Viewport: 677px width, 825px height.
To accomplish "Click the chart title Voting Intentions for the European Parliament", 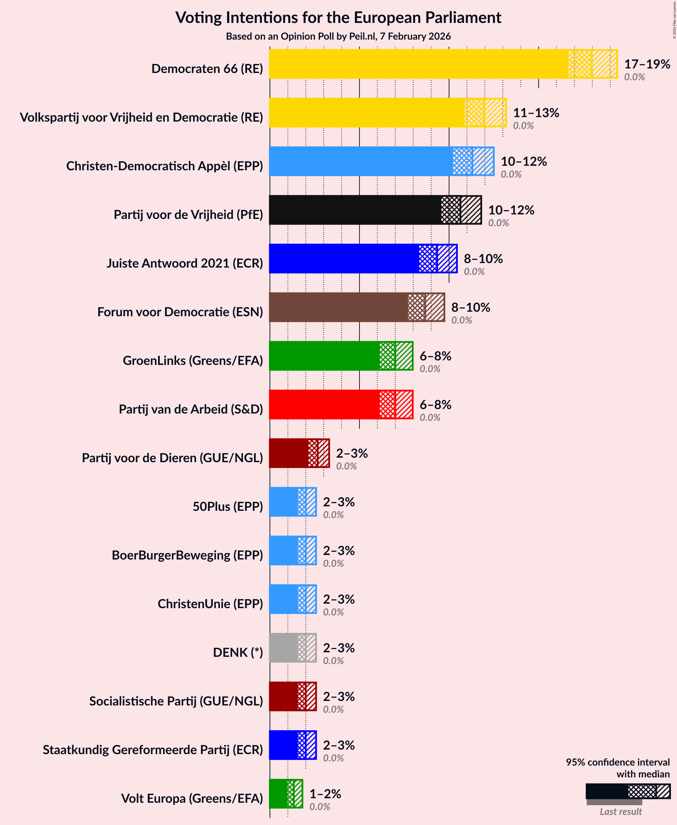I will point(338,18).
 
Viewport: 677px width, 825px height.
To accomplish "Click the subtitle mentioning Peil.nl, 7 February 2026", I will point(338,36).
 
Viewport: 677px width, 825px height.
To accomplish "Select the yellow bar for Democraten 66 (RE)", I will point(417,64).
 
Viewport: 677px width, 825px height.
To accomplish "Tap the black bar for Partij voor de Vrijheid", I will point(355,210).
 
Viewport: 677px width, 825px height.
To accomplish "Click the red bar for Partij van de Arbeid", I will point(324,405).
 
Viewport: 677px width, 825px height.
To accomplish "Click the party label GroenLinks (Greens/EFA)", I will point(193,360).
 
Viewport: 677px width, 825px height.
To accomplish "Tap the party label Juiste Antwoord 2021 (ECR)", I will point(185,263).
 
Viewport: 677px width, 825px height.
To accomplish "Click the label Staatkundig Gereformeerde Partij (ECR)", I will point(153,750).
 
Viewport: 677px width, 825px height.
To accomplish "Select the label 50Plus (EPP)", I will point(228,506).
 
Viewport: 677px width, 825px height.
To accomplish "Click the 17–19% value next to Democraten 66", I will point(647,64).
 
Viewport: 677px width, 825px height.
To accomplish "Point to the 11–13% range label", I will point(536,113).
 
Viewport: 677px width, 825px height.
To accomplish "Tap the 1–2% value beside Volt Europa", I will point(325,794).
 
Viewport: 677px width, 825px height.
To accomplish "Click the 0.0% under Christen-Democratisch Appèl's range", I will point(511,174).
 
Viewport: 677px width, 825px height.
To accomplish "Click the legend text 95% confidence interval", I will point(618,762).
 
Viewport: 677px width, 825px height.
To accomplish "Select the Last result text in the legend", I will point(620,812).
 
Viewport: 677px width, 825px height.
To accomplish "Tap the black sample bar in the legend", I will point(607,791).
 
